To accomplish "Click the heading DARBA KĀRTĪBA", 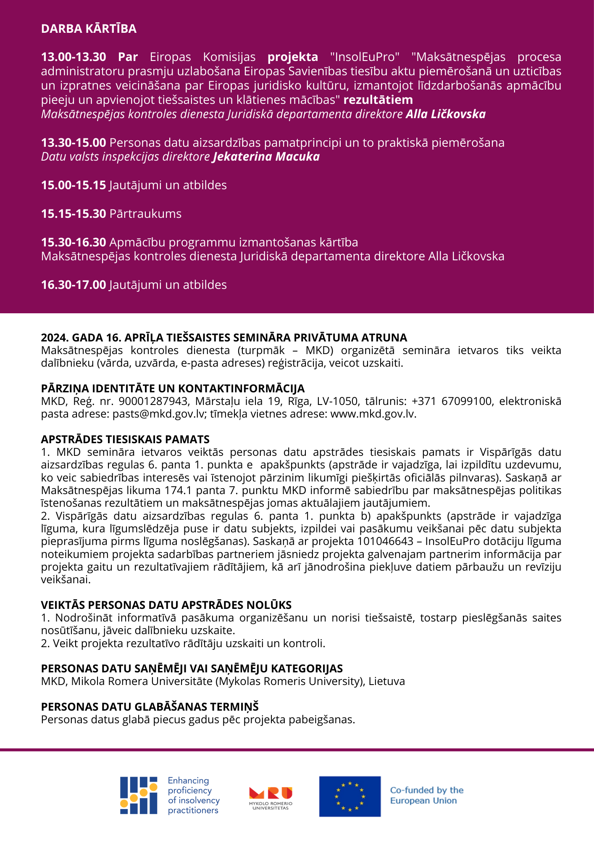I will (x=89, y=29).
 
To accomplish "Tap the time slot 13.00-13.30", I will (x=74, y=57).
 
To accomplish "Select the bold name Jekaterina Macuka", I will (x=266, y=157).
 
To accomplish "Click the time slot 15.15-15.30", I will (x=74, y=214).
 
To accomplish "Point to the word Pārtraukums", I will (x=145, y=214).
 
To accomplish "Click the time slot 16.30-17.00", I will (x=74, y=285).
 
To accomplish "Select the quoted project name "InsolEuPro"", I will (x=365, y=57).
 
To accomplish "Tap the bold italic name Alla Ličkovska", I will (x=446, y=114).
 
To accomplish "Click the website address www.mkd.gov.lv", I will (x=372, y=414).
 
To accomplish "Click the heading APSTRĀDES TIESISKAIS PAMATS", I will (x=125, y=439).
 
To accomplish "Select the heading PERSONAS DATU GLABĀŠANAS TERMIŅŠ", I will (x=150, y=707).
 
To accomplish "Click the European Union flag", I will (x=350, y=796).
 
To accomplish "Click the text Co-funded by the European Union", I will (x=426, y=796).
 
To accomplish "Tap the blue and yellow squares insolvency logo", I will (x=139, y=795).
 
